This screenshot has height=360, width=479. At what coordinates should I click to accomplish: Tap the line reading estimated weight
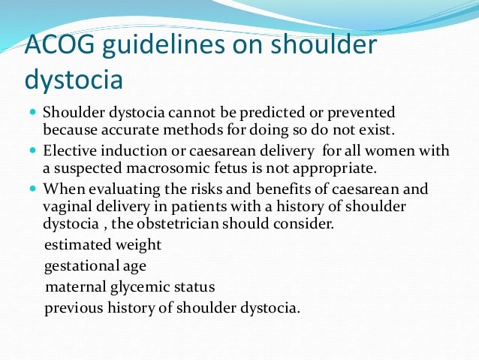click(x=103, y=245)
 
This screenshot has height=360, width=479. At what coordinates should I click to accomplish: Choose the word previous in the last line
click(x=73, y=308)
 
